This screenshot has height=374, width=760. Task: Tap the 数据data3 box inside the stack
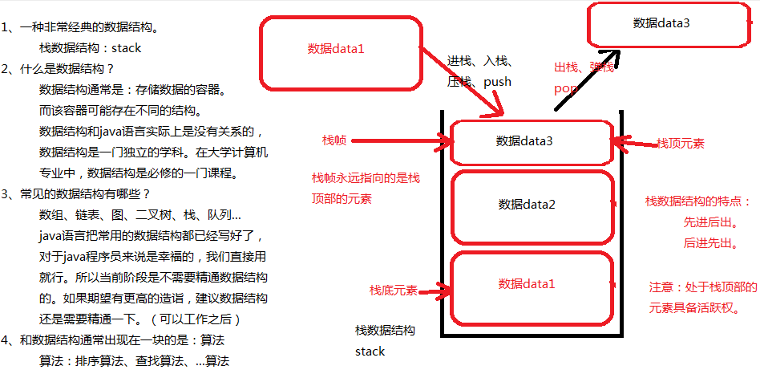point(531,142)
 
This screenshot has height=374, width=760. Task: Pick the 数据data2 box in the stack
point(531,205)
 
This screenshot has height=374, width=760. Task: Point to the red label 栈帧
point(334,140)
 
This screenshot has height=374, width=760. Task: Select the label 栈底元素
point(393,290)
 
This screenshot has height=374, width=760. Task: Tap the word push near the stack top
point(497,81)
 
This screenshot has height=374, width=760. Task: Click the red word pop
point(565,88)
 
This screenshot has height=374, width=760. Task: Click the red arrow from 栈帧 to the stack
point(397,141)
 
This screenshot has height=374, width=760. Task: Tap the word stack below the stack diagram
point(370,352)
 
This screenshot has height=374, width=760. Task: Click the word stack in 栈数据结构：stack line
point(126,48)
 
